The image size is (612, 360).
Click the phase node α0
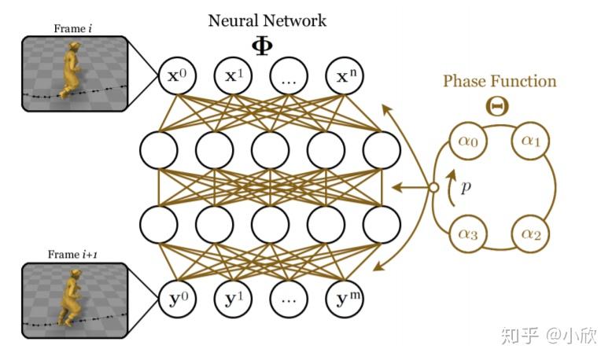point(466,143)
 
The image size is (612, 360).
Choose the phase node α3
point(466,233)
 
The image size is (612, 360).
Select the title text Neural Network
point(266,20)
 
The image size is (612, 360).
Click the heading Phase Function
point(499,82)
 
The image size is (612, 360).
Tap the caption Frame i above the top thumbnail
point(73,29)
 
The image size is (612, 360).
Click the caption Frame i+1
point(73,255)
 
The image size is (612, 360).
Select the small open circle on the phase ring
point(432,188)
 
